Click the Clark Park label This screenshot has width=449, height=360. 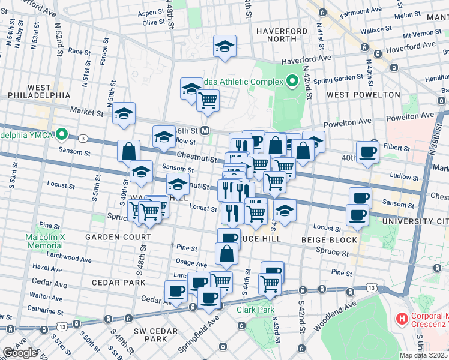click(x=255, y=310)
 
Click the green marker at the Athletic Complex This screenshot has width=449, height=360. click(x=293, y=80)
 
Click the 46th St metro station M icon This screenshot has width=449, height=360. click(x=205, y=130)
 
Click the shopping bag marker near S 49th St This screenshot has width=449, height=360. click(x=128, y=151)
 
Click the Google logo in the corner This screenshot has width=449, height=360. click(x=20, y=352)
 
